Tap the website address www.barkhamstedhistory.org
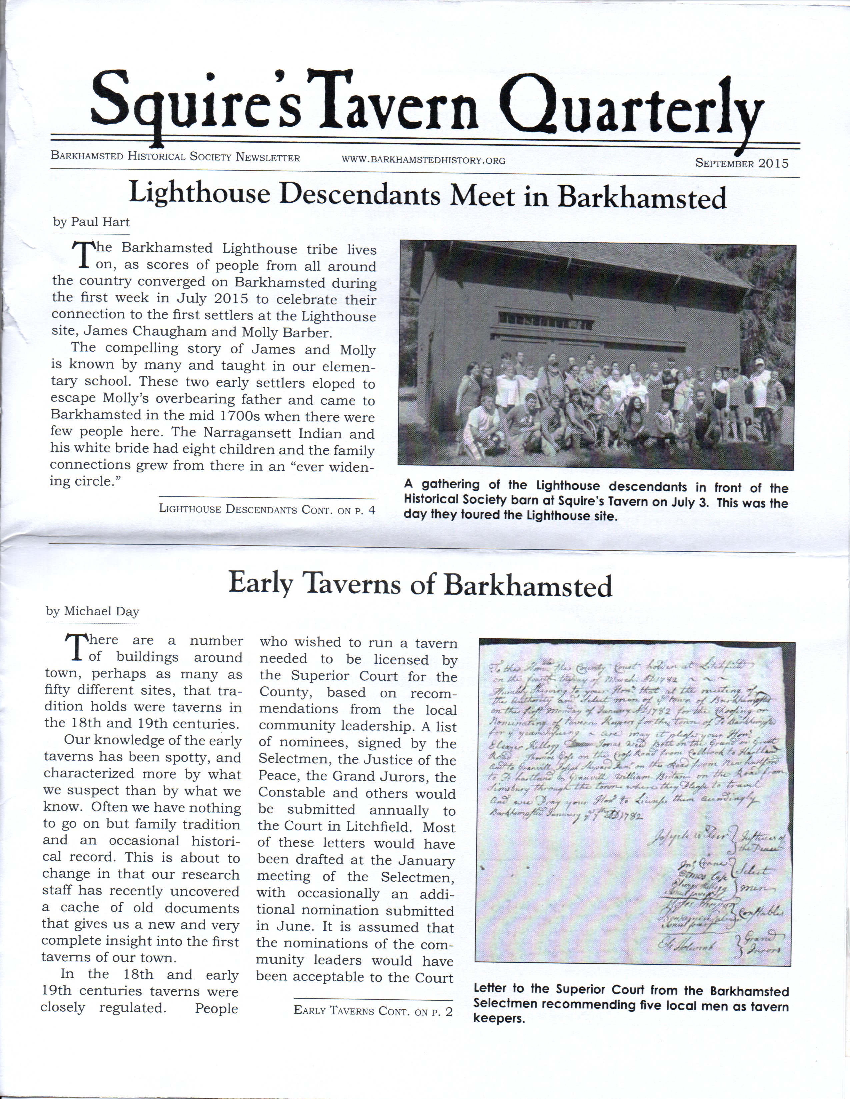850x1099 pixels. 423,160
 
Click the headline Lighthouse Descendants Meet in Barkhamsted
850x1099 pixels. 428,196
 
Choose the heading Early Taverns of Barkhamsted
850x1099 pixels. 420,585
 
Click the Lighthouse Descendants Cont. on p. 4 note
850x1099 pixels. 267,509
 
